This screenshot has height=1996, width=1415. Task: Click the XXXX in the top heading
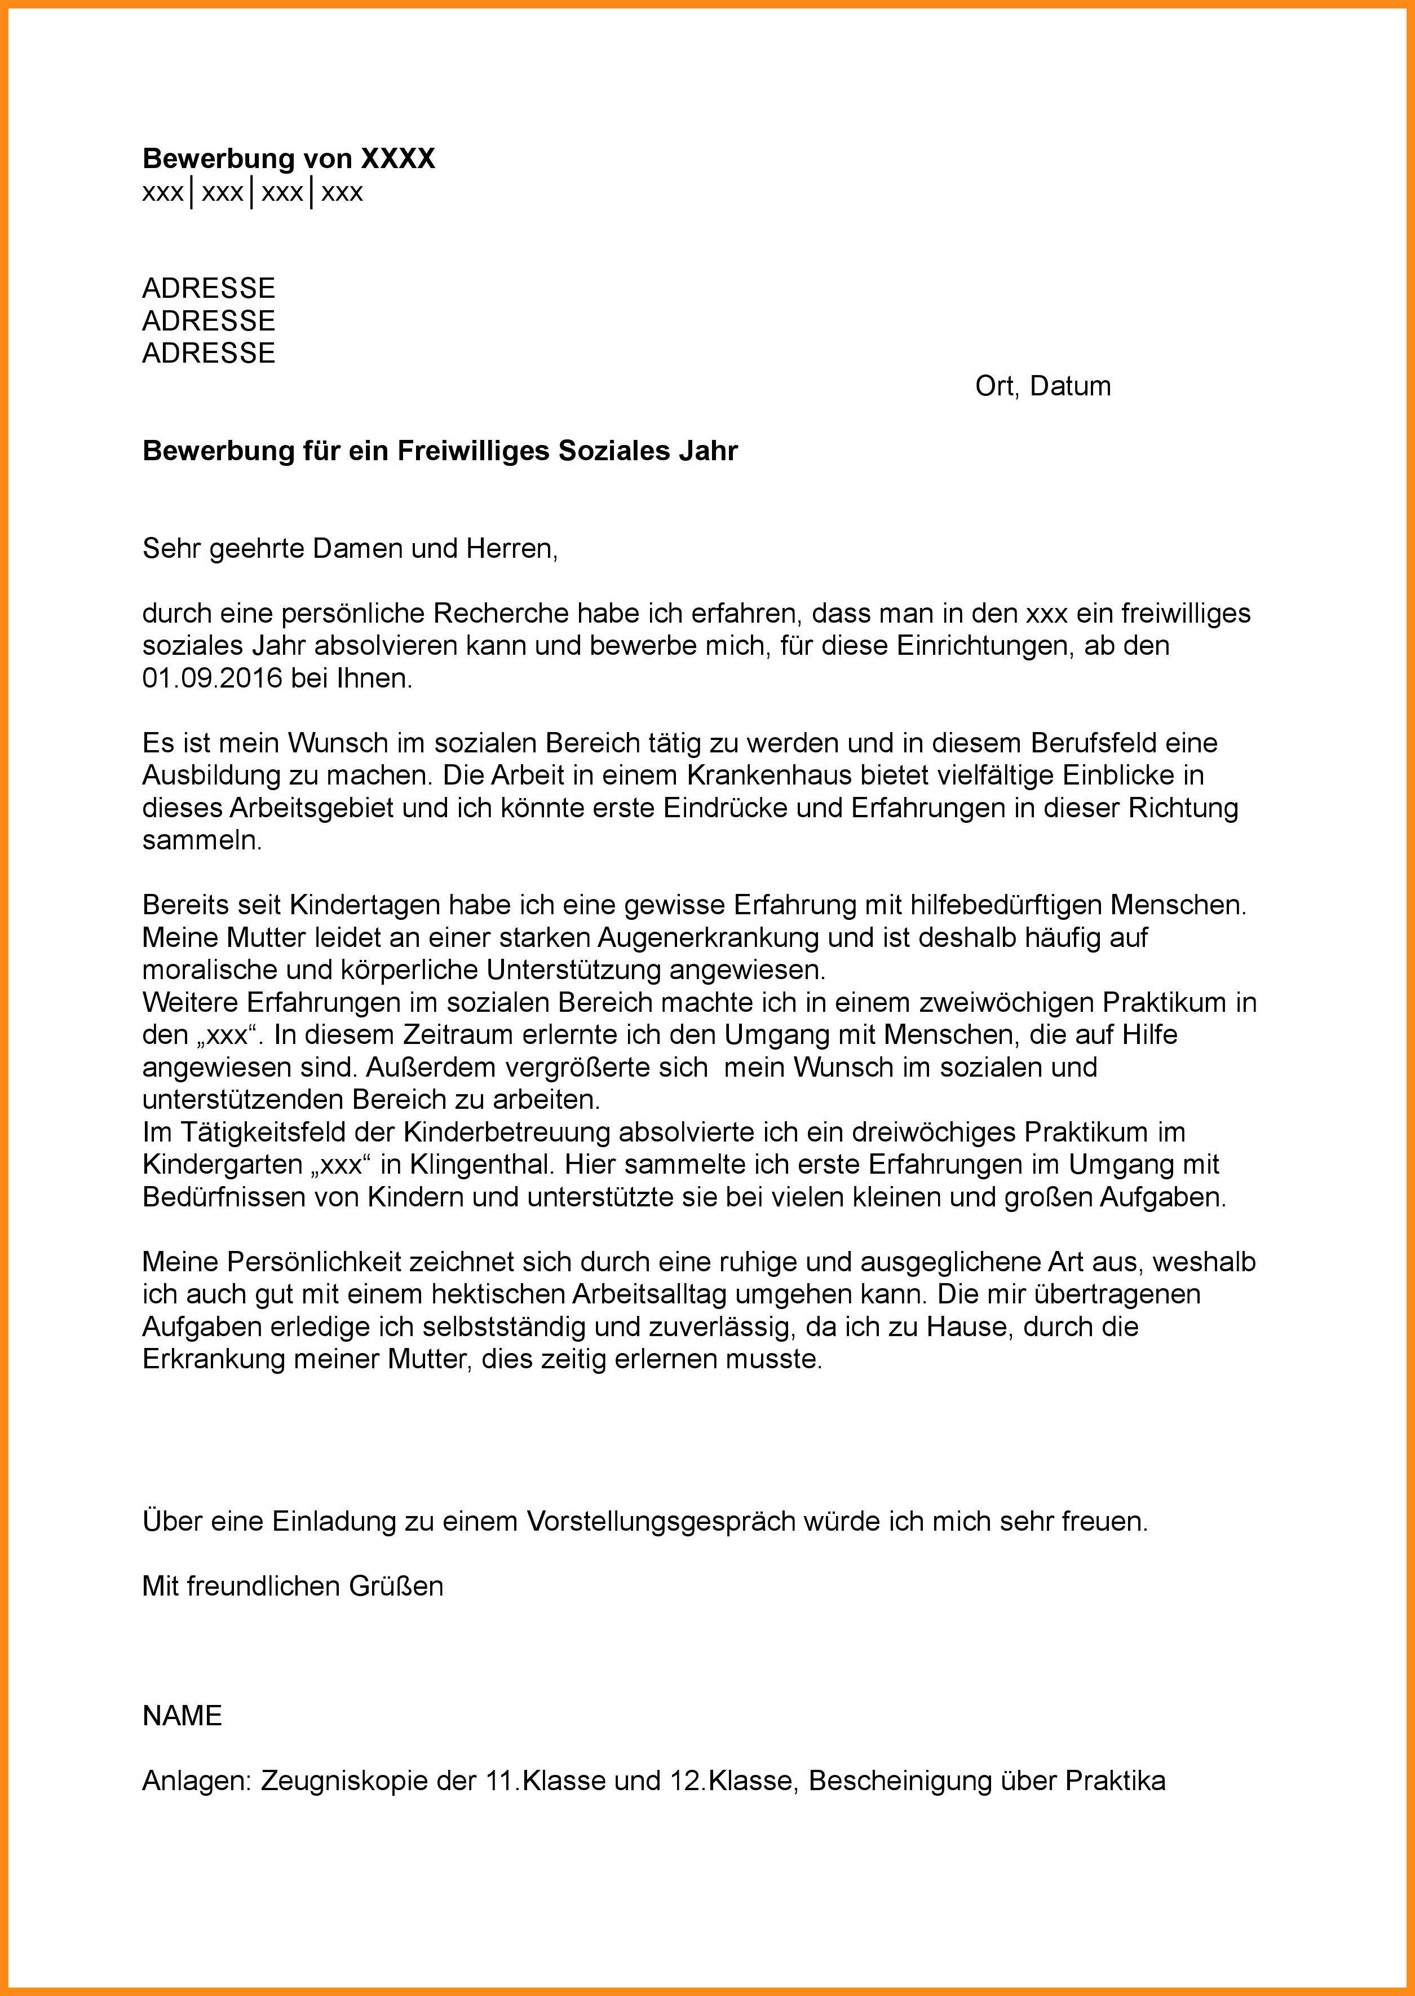pyautogui.click(x=397, y=158)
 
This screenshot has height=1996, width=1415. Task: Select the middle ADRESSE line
pyautogui.click(x=208, y=321)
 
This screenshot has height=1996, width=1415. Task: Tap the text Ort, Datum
pyautogui.click(x=1043, y=386)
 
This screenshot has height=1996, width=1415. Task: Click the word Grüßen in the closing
pyautogui.click(x=396, y=1585)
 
